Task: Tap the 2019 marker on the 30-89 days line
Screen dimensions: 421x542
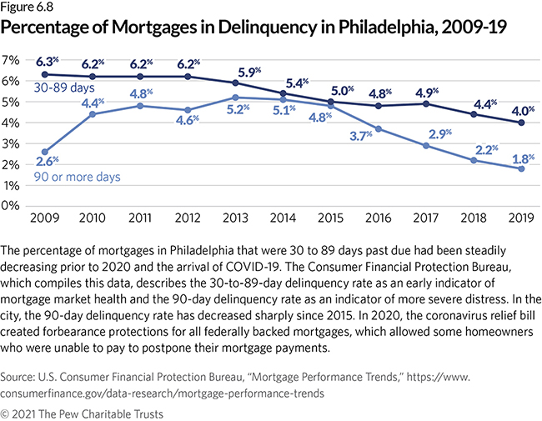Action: pyautogui.click(x=522, y=123)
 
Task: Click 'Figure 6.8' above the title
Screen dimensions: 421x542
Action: pyautogui.click(x=29, y=8)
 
